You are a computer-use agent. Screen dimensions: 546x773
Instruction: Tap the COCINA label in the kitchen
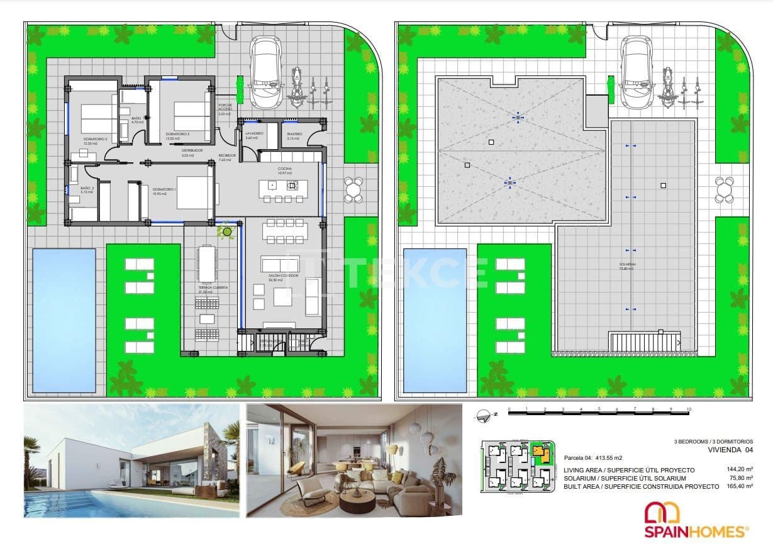(285, 169)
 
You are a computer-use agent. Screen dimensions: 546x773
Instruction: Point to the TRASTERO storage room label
(294, 134)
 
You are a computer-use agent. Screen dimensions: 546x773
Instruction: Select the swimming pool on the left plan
(64, 319)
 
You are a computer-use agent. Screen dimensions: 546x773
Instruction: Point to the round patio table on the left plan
(353, 189)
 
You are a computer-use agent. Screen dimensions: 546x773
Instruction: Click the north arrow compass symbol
(484, 414)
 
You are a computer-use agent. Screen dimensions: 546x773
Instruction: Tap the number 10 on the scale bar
(689, 409)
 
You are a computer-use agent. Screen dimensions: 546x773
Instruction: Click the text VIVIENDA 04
(729, 449)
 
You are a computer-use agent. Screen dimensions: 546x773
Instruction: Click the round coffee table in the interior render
(357, 501)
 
